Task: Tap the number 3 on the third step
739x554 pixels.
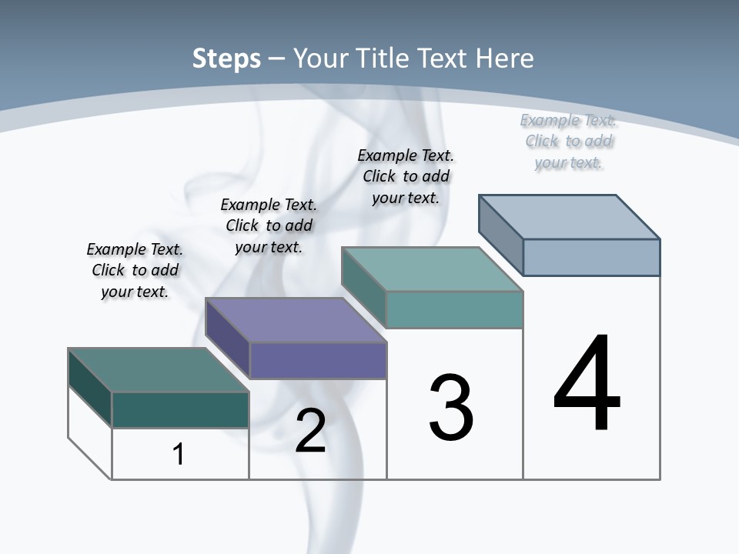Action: tap(450, 408)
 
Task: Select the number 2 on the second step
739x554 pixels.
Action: tap(311, 431)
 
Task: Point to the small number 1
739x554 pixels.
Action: tap(179, 454)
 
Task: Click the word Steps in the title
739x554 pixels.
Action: tap(226, 58)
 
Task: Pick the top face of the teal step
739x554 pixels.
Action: tap(431, 269)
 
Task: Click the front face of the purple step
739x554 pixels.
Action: tap(318, 360)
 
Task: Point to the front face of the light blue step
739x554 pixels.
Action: tap(591, 257)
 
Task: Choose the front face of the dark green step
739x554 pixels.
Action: tap(180, 409)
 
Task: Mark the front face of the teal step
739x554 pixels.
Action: tap(454, 309)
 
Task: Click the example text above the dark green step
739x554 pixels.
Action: tap(135, 270)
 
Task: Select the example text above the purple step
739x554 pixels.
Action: tap(269, 225)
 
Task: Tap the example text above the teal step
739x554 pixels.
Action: tap(406, 176)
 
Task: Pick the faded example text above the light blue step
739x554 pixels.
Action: tap(568, 141)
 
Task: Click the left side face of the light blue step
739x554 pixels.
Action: tap(501, 235)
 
